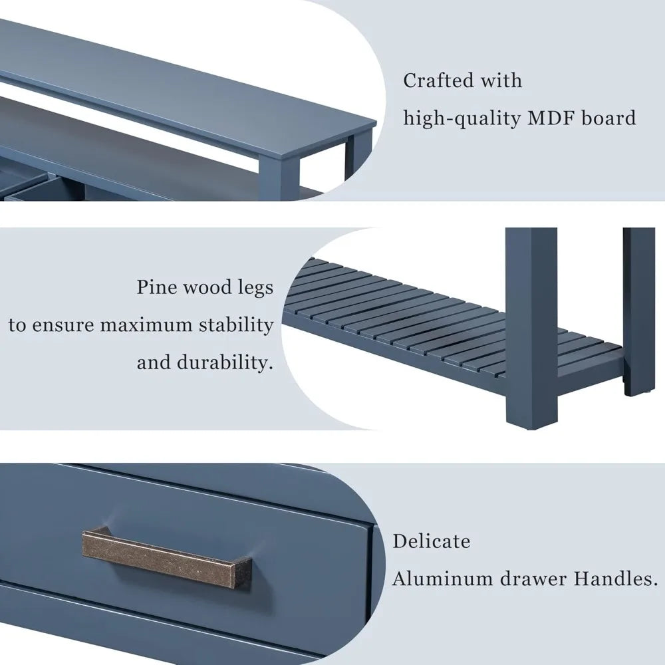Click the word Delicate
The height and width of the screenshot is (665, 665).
[431, 541]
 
